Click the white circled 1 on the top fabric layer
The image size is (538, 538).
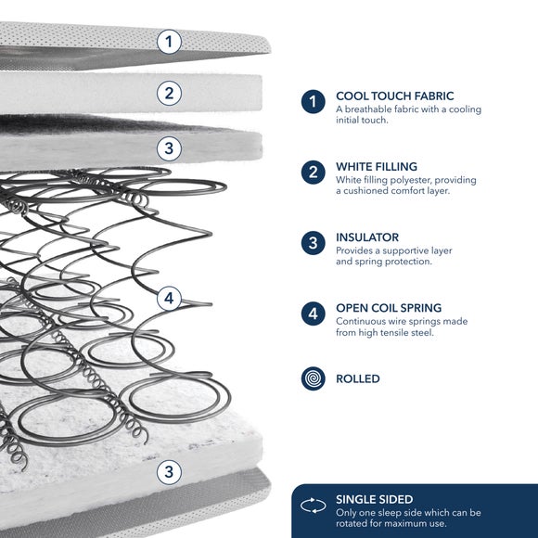point(169,42)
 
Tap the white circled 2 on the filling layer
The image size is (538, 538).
point(169,94)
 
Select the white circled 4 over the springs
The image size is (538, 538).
point(169,299)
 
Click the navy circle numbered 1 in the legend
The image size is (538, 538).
point(314,101)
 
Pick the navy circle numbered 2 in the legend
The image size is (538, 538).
point(314,173)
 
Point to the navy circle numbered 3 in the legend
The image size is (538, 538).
point(314,243)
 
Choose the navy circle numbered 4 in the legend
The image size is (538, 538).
point(314,314)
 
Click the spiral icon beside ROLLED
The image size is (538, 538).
point(314,378)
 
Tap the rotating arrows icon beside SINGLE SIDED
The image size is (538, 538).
point(314,506)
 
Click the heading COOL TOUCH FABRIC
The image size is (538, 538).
point(395,96)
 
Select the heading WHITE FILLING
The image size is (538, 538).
point(377,167)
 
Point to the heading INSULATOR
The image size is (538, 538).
point(367,237)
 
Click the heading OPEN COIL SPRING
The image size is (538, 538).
point(389,308)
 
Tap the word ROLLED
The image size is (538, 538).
point(358,378)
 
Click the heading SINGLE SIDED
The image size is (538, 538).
point(375,500)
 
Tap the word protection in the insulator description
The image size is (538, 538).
point(413,262)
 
